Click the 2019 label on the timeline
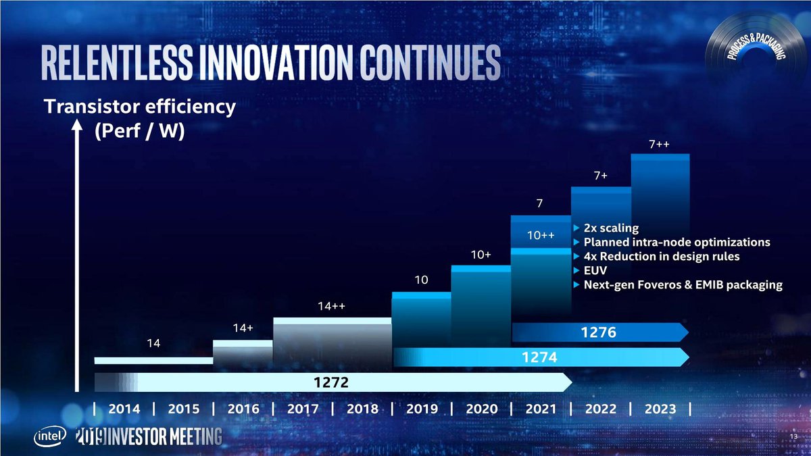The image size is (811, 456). [x=422, y=409]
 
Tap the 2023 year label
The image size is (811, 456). [x=660, y=409]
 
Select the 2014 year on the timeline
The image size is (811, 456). [x=124, y=409]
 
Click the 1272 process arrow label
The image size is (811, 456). [x=330, y=383]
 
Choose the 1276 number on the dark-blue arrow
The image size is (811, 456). [x=597, y=332]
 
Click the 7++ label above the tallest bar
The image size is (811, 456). [x=658, y=145]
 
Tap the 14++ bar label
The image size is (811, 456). [x=332, y=307]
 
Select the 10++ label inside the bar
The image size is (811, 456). [x=541, y=236]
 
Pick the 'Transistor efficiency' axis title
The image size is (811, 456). [x=140, y=107]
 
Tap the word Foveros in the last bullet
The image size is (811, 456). [x=672, y=285]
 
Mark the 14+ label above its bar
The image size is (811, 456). [x=243, y=328]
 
